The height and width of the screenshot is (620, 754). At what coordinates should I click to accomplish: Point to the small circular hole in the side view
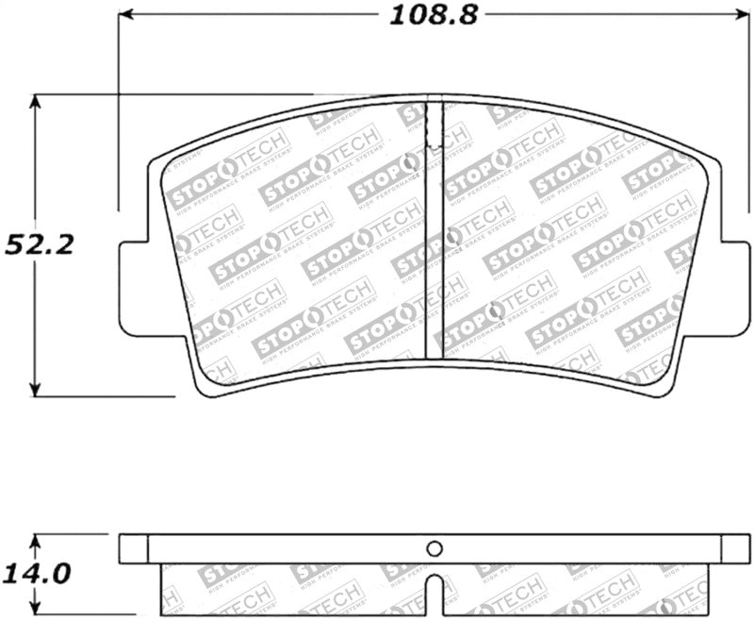pyautogui.click(x=434, y=548)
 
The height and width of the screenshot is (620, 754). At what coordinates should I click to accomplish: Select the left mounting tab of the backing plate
pyautogui.click(x=134, y=288)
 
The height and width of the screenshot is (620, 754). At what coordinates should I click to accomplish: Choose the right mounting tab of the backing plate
pyautogui.click(x=735, y=288)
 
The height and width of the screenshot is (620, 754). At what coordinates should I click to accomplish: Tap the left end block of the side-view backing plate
pyautogui.click(x=134, y=548)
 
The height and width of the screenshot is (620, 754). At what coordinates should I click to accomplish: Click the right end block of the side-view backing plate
pyautogui.click(x=735, y=548)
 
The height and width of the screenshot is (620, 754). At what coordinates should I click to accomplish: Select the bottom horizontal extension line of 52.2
pyautogui.click(x=104, y=396)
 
